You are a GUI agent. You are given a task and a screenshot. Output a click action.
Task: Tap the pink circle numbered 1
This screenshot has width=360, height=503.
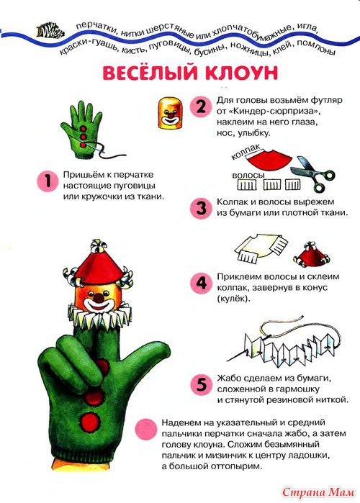[48, 181]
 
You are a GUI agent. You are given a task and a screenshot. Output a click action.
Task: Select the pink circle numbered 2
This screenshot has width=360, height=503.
[201, 107]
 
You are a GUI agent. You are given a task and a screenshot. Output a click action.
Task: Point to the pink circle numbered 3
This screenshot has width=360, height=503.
[201, 208]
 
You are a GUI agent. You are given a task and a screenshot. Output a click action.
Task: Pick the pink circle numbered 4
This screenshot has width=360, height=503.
[201, 283]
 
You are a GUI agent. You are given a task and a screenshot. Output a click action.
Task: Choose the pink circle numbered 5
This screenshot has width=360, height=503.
[201, 385]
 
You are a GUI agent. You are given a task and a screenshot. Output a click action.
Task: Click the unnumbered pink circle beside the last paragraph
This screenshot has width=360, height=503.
[146, 429]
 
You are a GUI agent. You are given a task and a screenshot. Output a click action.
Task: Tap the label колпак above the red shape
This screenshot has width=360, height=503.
[246, 151]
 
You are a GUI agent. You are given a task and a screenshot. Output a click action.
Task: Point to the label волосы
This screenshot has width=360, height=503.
[248, 176]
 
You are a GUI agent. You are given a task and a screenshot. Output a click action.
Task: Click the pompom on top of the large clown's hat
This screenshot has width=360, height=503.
[97, 247]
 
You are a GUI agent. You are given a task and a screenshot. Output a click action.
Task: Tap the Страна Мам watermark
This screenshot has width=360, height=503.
[318, 492]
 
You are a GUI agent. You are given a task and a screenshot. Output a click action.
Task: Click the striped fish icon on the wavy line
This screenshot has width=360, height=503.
[50, 30]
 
